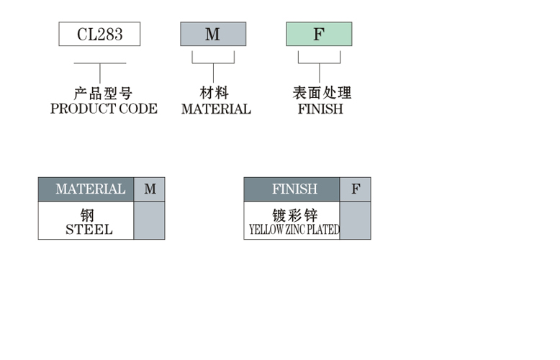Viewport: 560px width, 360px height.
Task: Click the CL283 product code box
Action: click(x=99, y=34)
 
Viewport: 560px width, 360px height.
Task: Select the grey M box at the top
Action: click(x=213, y=34)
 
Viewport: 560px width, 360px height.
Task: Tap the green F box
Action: click(x=319, y=34)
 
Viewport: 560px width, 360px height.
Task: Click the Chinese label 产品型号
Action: click(x=103, y=94)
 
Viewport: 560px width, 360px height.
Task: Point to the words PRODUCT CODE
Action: click(x=104, y=109)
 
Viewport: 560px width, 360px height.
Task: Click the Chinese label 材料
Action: click(x=214, y=93)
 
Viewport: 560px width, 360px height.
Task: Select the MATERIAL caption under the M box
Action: click(x=216, y=109)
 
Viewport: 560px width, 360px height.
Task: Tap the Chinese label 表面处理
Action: click(x=322, y=93)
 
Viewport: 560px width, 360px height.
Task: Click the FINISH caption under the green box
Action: click(x=320, y=109)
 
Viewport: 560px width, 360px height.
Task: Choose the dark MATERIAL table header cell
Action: click(x=86, y=189)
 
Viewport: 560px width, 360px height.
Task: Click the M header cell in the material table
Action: click(x=149, y=189)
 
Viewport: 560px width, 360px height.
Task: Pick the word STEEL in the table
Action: click(x=89, y=229)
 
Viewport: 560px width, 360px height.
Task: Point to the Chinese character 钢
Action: click(x=87, y=215)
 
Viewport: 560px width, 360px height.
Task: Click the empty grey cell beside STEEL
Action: click(x=149, y=220)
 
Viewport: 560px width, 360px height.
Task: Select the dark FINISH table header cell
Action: click(x=292, y=189)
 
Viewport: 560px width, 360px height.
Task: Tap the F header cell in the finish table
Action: click(x=356, y=189)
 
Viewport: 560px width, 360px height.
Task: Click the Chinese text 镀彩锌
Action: click(x=294, y=215)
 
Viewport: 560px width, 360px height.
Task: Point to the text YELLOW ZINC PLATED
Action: click(x=294, y=229)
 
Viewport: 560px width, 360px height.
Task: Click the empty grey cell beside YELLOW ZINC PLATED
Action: click(x=356, y=220)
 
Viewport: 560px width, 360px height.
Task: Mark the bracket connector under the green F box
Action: click(x=320, y=66)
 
